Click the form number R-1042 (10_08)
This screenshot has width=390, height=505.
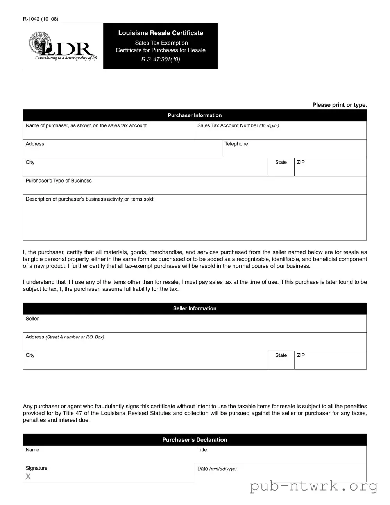coord(41,19)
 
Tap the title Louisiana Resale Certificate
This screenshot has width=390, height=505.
coord(161,33)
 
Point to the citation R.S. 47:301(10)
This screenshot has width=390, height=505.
coord(161,59)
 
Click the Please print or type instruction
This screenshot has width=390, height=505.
coord(340,105)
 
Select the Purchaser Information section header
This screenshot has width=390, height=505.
coord(195,115)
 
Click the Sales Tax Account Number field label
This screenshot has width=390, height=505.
coord(238,125)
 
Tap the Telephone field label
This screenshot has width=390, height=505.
coord(236,144)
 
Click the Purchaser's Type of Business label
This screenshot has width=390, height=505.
coord(59,181)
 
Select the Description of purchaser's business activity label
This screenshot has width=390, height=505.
coord(90,199)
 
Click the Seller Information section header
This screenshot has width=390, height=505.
coord(195,308)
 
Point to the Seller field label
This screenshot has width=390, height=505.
coord(32,319)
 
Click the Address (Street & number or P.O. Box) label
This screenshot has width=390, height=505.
coord(65,337)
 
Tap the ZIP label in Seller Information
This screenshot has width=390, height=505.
coord(301,355)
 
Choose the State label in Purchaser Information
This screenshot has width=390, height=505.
coord(281,162)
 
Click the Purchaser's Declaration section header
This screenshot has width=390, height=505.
coord(195,440)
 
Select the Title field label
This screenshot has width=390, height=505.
coord(202,450)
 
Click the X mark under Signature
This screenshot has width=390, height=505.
coord(28,476)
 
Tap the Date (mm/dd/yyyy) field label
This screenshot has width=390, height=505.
coord(217,469)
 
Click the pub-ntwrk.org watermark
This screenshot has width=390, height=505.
coord(313,486)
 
